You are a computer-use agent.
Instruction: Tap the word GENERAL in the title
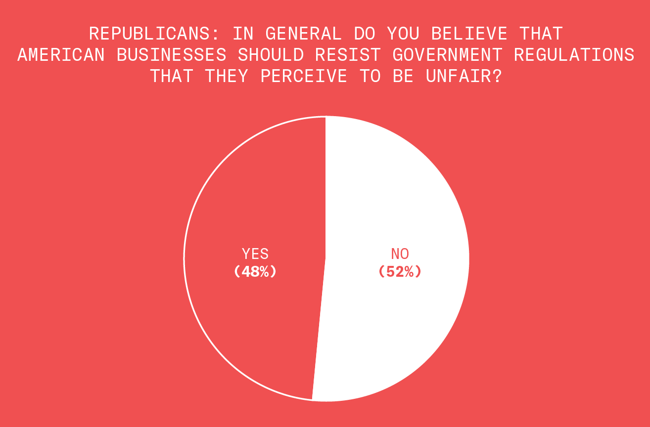tap(303, 34)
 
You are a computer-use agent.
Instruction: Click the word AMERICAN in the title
tap(61, 55)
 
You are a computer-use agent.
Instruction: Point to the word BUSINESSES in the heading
tap(172, 55)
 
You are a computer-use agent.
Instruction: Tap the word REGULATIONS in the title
tap(574, 55)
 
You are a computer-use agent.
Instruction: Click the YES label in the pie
tap(255, 254)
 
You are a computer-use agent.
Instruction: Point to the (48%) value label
tap(255, 271)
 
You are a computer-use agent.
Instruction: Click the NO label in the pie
tap(400, 254)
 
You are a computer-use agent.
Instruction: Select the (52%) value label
tap(400, 271)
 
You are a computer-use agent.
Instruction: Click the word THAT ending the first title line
tap(541, 34)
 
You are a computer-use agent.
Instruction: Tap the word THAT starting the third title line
tap(171, 76)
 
